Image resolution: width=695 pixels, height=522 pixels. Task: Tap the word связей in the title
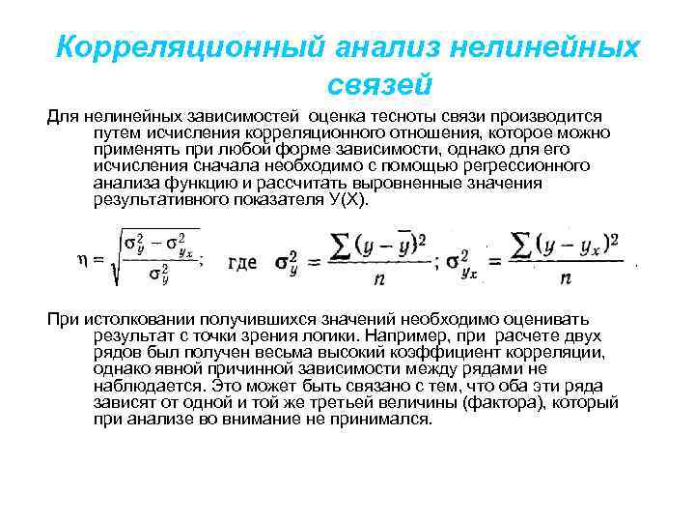tap(378, 85)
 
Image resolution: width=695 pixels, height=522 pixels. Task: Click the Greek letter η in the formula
tap(82, 259)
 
